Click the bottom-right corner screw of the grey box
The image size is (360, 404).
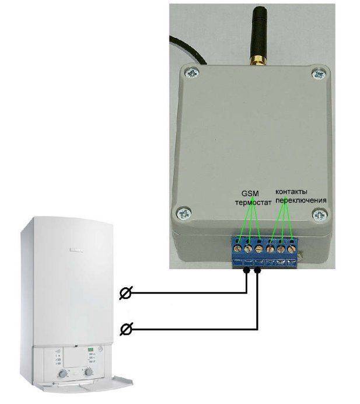pos(319,215)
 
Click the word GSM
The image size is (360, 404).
pos(249,193)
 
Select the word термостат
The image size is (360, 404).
pos(250,203)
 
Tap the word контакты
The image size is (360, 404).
pos(291,192)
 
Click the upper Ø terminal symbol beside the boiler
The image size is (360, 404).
pos(125,294)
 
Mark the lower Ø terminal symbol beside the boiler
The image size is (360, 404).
pos(125,331)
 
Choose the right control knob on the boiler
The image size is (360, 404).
pos(89,371)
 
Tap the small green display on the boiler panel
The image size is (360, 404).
pos(91,350)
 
